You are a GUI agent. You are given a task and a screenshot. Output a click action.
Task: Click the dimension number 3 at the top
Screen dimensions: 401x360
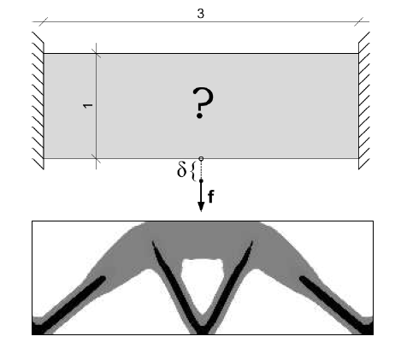201,14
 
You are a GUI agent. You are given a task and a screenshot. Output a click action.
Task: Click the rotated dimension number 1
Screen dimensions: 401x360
88,105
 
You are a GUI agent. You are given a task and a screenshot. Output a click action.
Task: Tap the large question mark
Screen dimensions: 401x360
203,102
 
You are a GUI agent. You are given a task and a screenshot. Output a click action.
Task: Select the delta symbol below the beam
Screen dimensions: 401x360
181,170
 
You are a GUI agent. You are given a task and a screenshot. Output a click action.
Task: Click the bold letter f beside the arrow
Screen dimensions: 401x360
211,197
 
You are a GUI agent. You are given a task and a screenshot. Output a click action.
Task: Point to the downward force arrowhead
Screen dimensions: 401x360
201,206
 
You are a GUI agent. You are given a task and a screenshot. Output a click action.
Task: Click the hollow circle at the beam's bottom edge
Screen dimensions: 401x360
201,158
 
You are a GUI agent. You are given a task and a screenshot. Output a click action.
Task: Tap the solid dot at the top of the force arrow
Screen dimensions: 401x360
201,180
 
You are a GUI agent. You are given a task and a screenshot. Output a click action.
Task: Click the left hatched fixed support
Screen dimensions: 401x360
38,101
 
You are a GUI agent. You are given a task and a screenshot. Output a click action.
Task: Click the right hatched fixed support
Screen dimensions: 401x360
364,101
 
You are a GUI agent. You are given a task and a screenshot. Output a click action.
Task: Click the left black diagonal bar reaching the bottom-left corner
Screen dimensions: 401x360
69,304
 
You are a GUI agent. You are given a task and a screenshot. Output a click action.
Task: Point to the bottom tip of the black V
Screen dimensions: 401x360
202,333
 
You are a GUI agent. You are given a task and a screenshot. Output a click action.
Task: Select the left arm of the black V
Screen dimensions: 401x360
174,285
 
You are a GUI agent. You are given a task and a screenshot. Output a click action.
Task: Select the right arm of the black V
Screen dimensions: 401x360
229,285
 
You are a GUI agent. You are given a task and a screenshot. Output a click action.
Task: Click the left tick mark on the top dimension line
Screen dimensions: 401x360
44,21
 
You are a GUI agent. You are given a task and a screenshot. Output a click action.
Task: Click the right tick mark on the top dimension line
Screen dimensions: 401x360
358,21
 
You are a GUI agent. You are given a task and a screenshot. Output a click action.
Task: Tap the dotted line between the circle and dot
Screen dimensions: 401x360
201,170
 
